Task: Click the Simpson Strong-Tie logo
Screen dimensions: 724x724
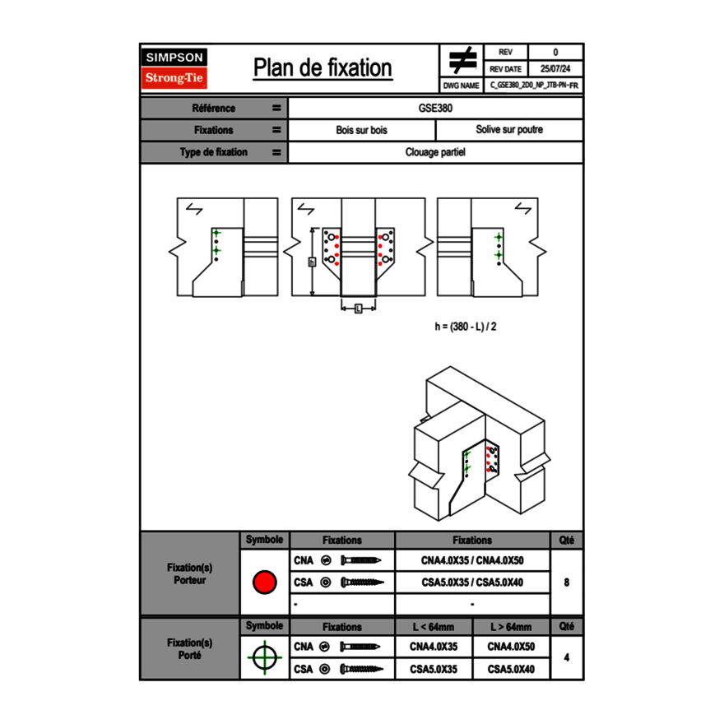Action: click(175, 68)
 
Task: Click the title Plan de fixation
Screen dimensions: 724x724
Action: click(323, 68)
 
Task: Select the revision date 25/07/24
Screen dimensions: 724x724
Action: click(555, 69)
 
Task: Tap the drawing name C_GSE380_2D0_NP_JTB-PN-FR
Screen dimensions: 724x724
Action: click(534, 85)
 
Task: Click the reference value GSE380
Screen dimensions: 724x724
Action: click(435, 108)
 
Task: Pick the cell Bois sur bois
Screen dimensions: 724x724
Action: click(361, 130)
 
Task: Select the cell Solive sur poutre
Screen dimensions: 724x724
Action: click(508, 130)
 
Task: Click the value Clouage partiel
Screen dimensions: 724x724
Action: click(435, 152)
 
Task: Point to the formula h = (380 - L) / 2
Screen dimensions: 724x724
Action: click(466, 327)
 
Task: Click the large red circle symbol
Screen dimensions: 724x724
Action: click(264, 582)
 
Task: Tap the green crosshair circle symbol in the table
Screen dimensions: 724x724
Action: click(264, 658)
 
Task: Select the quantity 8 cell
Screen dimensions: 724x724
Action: click(566, 582)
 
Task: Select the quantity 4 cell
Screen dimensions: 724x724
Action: click(566, 658)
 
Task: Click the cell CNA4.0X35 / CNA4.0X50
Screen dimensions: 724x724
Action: click(472, 561)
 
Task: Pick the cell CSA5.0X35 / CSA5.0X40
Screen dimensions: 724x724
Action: click(472, 582)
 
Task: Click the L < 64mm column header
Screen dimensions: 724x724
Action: click(434, 627)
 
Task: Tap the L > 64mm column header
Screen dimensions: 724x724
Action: click(511, 627)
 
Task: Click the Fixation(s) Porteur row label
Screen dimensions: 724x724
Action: click(190, 573)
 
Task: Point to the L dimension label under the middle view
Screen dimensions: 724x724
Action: click(358, 309)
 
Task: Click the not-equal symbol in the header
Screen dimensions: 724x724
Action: click(462, 61)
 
